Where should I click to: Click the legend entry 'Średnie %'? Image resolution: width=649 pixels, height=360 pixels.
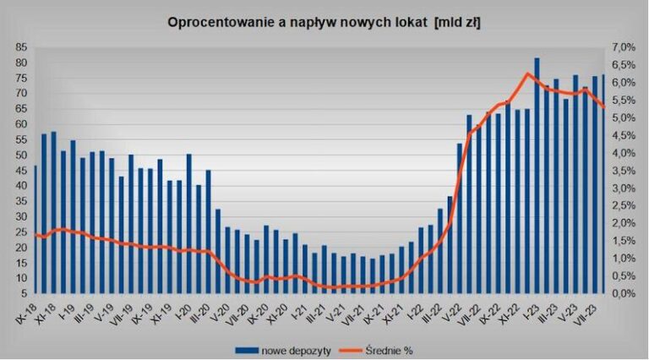(390, 347)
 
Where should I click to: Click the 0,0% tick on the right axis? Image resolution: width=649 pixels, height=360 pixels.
(622, 293)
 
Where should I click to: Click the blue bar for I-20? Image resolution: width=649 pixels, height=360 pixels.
(188, 224)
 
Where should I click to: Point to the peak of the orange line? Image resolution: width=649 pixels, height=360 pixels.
(527, 74)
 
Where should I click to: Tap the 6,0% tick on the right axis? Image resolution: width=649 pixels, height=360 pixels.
(622, 83)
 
